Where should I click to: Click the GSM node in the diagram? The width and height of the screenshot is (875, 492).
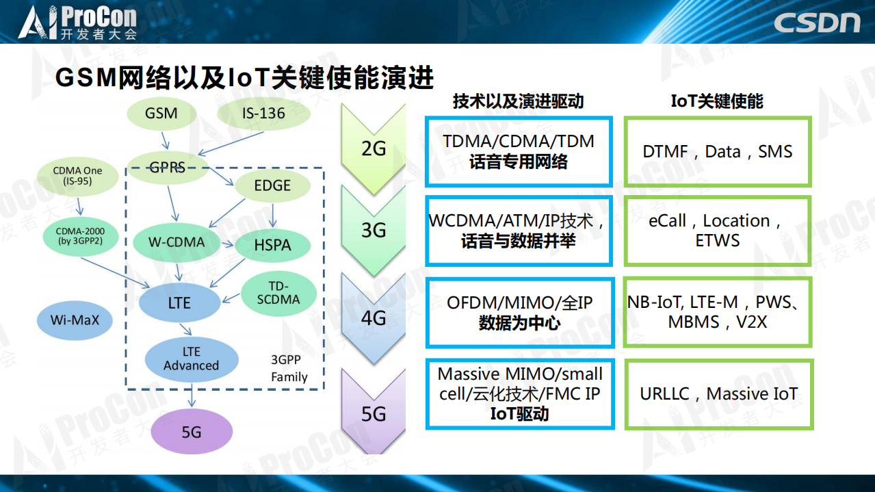[161, 113]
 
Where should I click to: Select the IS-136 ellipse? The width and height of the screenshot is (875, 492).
[263, 113]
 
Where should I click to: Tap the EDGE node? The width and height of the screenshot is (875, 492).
[272, 185]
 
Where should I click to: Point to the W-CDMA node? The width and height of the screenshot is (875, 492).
[177, 242]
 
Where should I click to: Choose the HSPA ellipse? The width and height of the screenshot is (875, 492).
[272, 245]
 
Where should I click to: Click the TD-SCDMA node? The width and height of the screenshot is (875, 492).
[278, 293]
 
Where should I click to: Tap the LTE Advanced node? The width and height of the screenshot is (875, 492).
[192, 359]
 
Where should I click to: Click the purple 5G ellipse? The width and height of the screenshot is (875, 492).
[192, 432]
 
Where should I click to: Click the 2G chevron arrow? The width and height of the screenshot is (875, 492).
[374, 148]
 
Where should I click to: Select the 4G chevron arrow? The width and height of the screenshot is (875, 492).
[374, 318]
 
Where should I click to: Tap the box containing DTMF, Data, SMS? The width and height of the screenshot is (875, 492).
[717, 152]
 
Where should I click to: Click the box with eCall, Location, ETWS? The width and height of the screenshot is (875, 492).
[717, 231]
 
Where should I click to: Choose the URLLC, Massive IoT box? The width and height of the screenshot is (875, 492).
[718, 394]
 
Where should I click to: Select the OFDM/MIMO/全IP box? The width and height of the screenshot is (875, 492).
[519, 312]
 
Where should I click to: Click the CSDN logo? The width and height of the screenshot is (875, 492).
[817, 23]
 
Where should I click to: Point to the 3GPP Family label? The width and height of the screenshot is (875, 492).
[289, 368]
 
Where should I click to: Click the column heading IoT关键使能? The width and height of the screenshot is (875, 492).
[716, 101]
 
